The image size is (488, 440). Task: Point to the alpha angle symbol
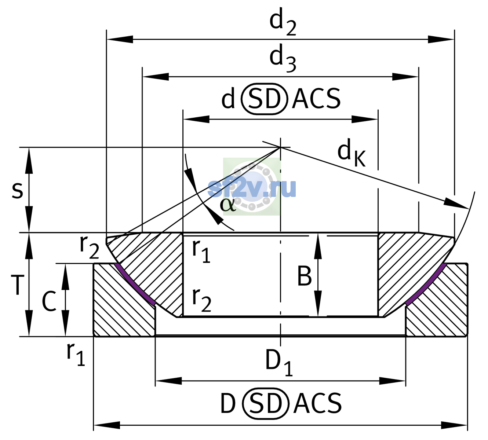point(228,204)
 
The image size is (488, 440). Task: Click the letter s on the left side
point(17,190)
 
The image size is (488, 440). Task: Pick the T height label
point(18,285)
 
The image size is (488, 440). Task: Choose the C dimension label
point(49,301)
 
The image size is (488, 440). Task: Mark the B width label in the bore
point(304,276)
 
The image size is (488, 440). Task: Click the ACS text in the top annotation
point(316,99)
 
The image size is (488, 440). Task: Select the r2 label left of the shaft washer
point(89,247)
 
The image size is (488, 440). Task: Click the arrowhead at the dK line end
point(456,204)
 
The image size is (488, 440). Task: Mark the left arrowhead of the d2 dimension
point(120,39)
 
